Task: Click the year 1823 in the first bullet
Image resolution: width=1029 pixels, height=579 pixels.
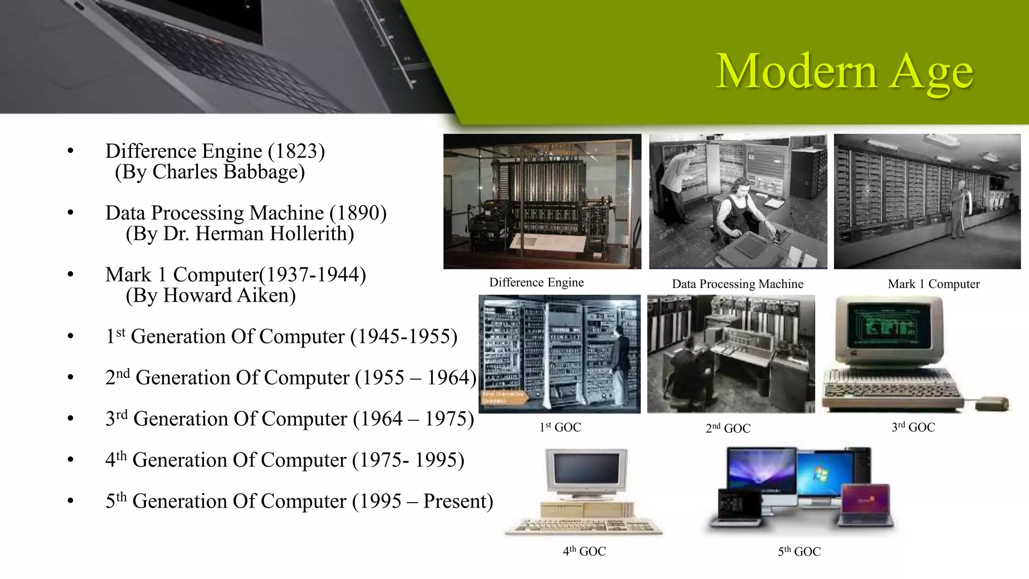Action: pos(296,151)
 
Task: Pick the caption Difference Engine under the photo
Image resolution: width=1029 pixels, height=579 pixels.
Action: pos(536,282)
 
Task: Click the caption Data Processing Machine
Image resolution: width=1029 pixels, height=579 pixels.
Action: pos(737,284)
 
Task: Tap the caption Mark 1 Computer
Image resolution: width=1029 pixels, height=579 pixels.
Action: pos(933,284)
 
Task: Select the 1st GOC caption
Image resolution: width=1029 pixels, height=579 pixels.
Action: pos(560,427)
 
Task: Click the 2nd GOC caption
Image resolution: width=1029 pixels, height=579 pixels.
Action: pos(728,428)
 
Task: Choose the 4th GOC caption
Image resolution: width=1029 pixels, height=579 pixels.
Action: pos(584,551)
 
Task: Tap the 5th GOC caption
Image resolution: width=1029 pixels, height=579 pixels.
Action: pos(799,551)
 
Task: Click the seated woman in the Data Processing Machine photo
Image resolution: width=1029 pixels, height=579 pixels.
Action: pos(739,211)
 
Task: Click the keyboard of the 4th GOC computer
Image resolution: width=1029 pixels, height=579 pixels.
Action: pos(583,526)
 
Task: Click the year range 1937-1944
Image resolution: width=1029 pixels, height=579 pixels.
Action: pos(315,275)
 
